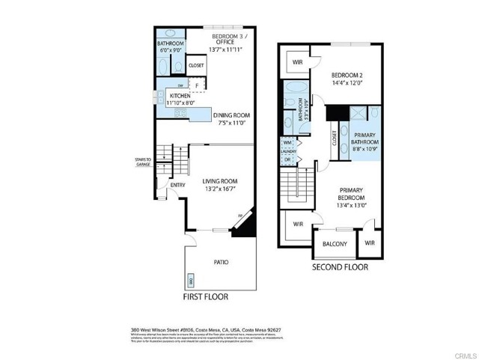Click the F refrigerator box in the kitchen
point(198,86)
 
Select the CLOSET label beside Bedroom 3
point(196,65)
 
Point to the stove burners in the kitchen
point(180,113)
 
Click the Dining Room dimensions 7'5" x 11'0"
point(231,123)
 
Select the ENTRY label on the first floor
point(177,186)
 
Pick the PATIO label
point(221,262)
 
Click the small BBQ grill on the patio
point(191,281)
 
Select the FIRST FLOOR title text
point(206,297)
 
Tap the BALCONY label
point(335,244)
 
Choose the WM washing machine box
point(288,141)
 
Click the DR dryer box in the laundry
point(288,160)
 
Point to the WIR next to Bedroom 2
point(297,62)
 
